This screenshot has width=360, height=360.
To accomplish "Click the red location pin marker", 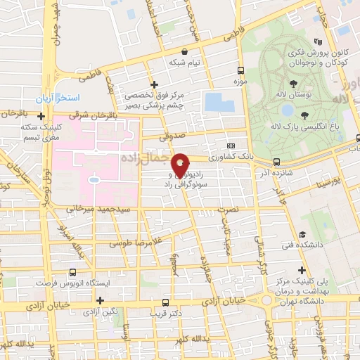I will pos(180,165).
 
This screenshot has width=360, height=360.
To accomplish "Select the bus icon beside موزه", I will pos(241,71).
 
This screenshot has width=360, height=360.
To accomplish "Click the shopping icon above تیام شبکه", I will pos(184,51).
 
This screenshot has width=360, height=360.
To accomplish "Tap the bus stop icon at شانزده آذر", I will pos(276,161).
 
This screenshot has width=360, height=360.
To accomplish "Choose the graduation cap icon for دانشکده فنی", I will pos(302,235).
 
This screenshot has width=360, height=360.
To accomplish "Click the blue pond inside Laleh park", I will pos(286,110).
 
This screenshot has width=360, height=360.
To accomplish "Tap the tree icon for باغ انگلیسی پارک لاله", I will pos(304,115).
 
